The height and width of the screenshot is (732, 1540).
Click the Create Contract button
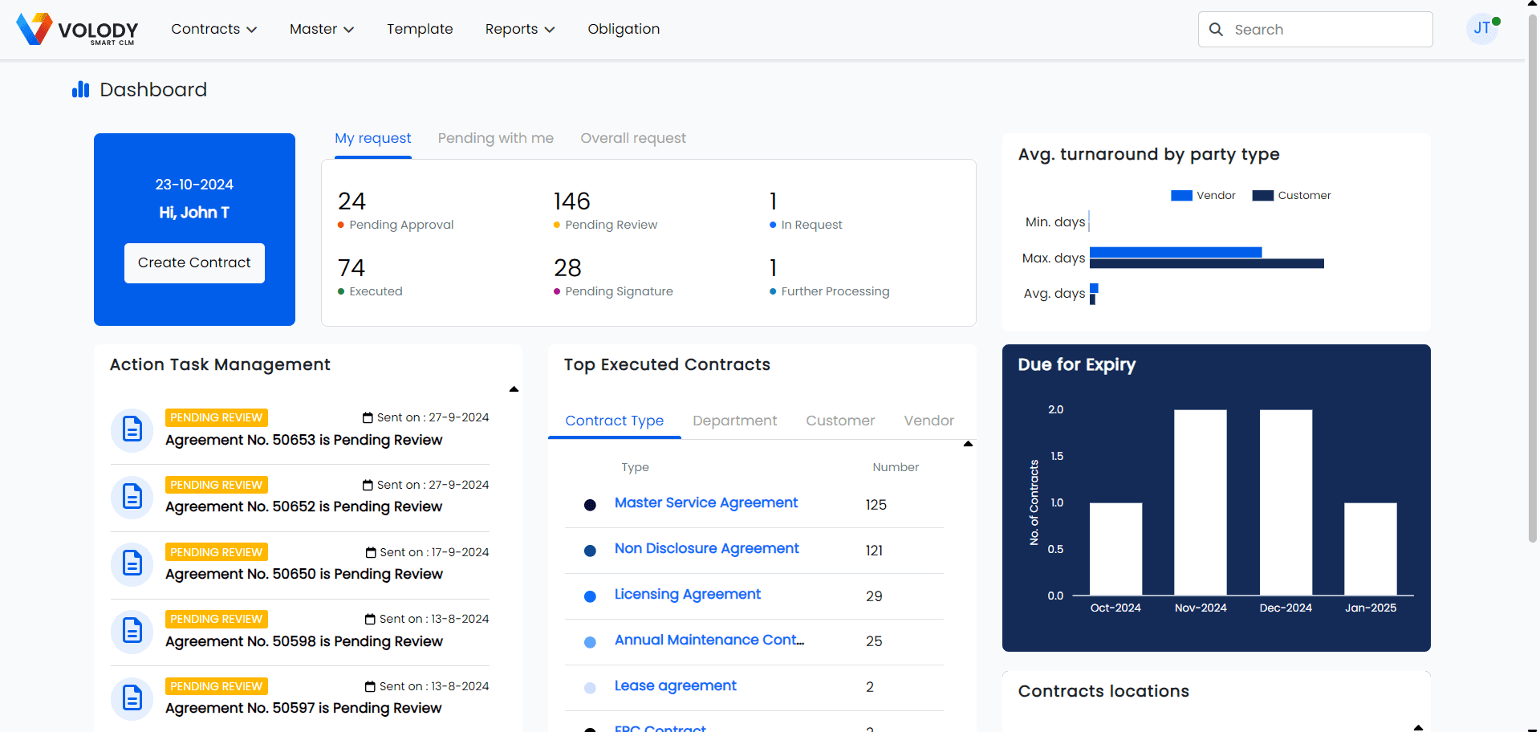[194, 263]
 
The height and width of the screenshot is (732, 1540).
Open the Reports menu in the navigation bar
[519, 30]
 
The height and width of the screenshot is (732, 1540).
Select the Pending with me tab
[495, 138]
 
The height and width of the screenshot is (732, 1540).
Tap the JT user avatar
[1481, 29]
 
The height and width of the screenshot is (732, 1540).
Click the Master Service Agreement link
[705, 503]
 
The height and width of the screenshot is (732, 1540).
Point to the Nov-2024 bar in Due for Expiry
[1200, 502]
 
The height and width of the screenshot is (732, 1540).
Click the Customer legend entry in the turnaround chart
[1291, 196]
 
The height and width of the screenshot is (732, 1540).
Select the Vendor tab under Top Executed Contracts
[928, 421]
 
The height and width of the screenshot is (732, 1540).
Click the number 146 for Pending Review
[571, 201]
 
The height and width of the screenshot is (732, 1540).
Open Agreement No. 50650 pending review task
[303, 574]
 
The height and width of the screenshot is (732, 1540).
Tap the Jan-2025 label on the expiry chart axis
[1370, 608]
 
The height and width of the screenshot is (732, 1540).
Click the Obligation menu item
[624, 30]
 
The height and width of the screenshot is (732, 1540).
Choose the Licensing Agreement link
[687, 595]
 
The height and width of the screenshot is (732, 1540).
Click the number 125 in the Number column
[876, 505]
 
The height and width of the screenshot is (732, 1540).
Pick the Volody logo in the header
[77, 30]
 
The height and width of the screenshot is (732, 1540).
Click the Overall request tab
[632, 138]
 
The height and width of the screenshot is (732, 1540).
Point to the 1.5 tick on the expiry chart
[1056, 457]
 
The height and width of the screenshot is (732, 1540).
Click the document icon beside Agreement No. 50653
[132, 430]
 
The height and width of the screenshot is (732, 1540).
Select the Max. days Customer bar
[1206, 264]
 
